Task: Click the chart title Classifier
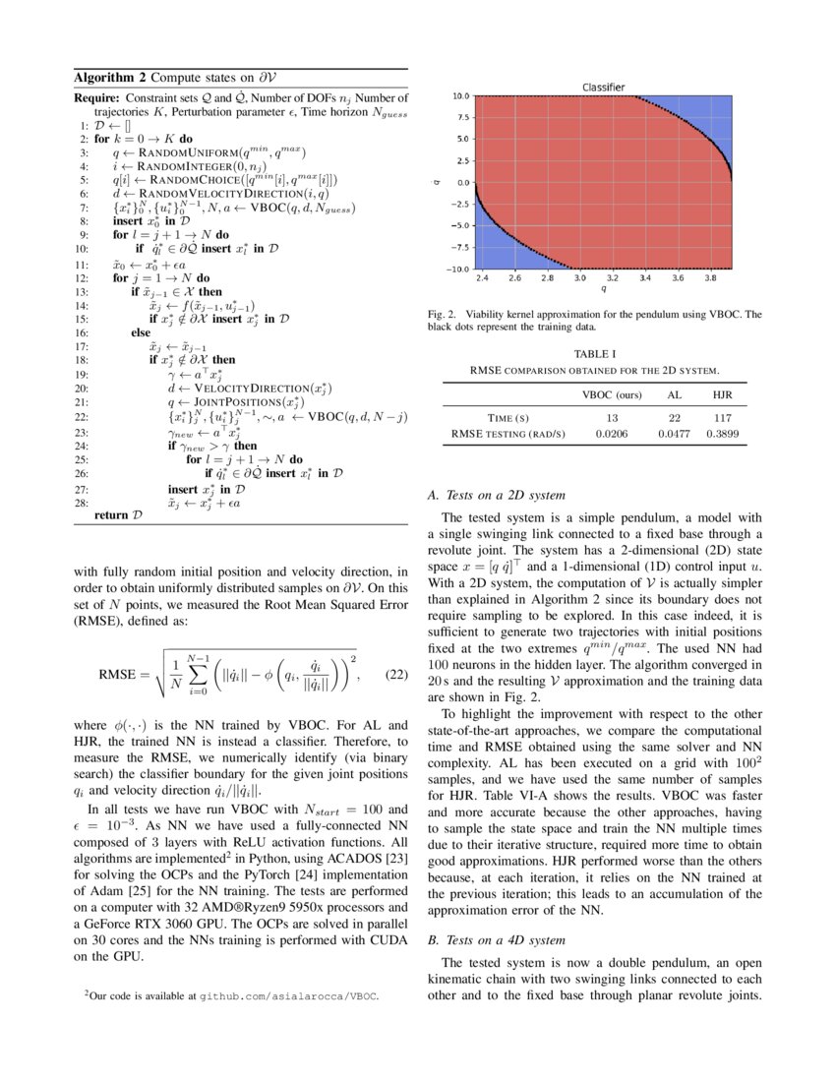pos(603,87)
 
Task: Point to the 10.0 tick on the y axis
pos(459,96)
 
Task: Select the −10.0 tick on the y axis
pos(457,269)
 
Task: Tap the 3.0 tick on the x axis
pos(579,279)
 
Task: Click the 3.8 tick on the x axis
pos(711,279)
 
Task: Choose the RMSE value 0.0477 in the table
pos(676,433)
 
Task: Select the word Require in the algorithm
pos(97,97)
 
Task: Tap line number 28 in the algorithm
pos(83,502)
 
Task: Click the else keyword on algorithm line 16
pos(141,333)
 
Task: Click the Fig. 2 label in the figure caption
pos(440,315)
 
